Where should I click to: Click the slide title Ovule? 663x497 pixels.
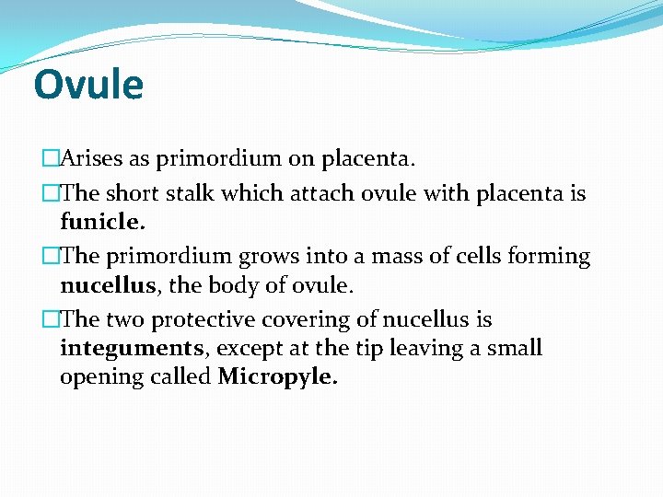point(88,86)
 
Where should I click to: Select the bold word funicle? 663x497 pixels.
point(102,222)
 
